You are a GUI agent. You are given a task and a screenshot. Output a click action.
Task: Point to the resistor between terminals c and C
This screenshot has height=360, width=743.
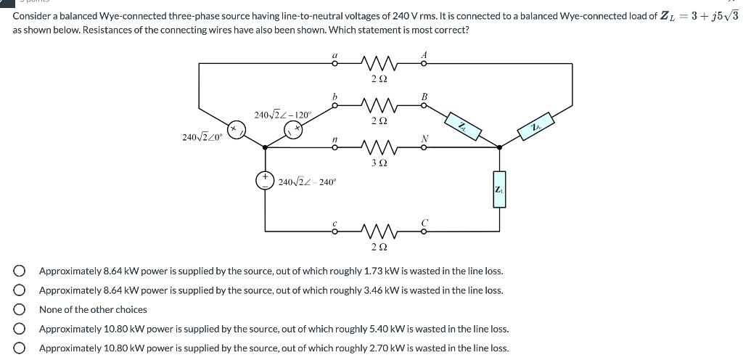tap(378, 232)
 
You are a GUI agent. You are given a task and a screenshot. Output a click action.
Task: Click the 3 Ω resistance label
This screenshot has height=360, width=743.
tap(378, 163)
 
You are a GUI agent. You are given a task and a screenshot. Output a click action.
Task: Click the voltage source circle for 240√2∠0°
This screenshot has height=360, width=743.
tap(236, 130)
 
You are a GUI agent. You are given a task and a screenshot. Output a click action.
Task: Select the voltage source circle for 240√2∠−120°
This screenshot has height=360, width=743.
tap(293, 130)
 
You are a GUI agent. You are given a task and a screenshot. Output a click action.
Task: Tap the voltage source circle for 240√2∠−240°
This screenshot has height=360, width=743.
tap(264, 181)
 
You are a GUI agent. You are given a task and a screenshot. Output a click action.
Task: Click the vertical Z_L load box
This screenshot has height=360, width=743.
tap(499, 189)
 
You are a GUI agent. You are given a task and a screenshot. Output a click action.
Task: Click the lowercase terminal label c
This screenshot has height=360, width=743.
tap(334, 222)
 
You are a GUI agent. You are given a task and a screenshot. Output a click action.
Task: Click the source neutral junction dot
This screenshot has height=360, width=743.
tap(264, 148)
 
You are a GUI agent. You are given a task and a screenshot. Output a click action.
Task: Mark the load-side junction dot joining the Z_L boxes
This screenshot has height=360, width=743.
tap(499, 148)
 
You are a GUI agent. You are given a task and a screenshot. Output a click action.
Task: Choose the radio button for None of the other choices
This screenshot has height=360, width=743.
tap(20, 309)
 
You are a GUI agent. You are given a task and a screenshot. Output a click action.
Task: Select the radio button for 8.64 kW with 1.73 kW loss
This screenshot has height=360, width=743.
tap(20, 271)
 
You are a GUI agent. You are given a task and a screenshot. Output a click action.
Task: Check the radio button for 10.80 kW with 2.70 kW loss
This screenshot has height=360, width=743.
tap(20, 348)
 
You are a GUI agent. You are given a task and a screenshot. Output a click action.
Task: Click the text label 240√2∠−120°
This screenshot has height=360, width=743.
tap(282, 115)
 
